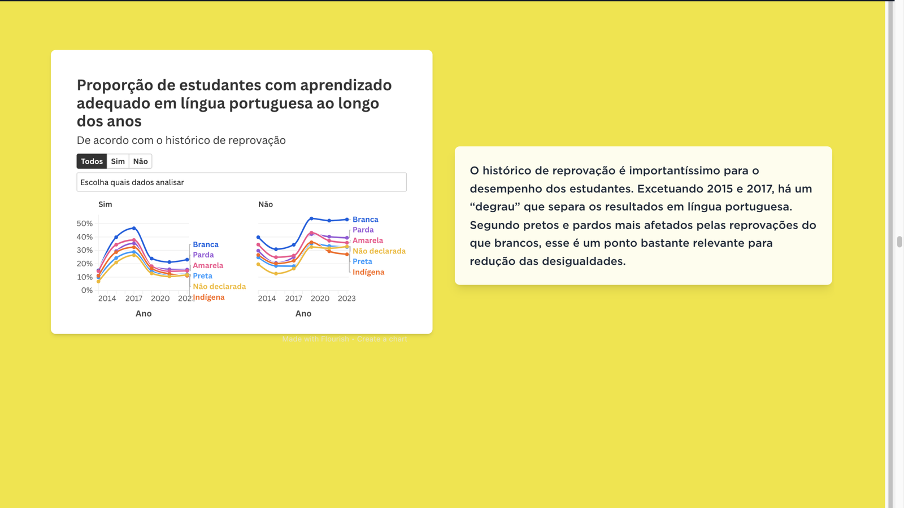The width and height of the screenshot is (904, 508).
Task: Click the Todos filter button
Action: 92,161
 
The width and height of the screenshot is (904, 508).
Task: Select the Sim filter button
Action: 118,161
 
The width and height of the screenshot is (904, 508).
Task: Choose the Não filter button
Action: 140,161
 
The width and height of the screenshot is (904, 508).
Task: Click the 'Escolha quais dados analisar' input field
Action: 241,182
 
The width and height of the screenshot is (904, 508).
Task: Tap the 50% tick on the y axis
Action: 85,224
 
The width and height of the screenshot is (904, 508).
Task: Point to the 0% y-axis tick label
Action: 87,290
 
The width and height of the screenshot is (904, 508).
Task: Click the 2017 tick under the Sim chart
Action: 134,299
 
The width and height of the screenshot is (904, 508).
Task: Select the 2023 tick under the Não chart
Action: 346,299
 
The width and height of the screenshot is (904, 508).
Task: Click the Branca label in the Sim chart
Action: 206,244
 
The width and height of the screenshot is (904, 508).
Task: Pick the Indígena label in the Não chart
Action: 368,272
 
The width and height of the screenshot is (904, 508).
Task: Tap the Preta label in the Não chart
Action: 362,261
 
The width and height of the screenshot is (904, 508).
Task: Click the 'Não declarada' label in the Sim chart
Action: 219,287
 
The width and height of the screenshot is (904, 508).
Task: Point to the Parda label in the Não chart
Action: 363,230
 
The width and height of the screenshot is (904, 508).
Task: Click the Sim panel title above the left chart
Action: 105,204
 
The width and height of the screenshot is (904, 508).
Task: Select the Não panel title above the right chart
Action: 266,204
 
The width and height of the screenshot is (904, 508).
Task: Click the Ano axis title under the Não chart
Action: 303,314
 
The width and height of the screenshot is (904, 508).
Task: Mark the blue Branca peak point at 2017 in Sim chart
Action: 134,228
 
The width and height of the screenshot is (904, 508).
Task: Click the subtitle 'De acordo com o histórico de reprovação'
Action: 181,141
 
